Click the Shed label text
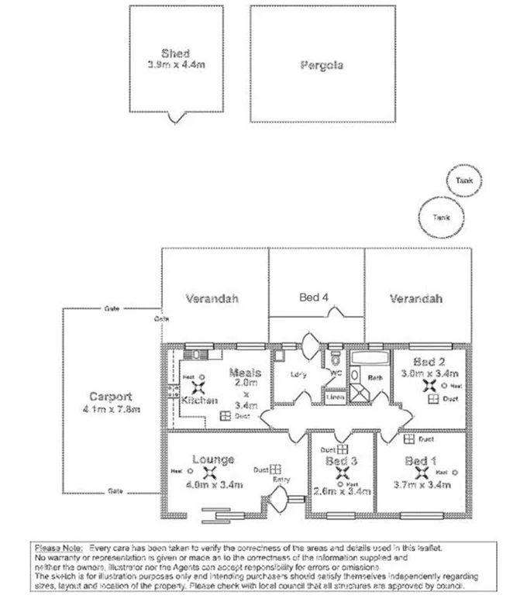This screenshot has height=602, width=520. click(x=176, y=53)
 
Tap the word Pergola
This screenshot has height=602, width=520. click(x=321, y=65)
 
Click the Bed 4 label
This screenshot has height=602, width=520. click(x=316, y=297)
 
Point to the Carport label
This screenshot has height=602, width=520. click(x=110, y=395)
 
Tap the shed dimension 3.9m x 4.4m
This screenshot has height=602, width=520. click(x=176, y=64)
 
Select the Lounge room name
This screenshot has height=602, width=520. click(x=214, y=459)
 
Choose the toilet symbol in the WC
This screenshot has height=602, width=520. click(x=336, y=359)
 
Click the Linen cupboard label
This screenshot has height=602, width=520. click(x=336, y=397)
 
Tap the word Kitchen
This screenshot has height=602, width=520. click(x=199, y=401)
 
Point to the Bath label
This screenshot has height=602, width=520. click(x=375, y=378)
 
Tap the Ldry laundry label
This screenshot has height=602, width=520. click(x=299, y=375)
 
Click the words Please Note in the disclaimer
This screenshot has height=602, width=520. click(x=59, y=548)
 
